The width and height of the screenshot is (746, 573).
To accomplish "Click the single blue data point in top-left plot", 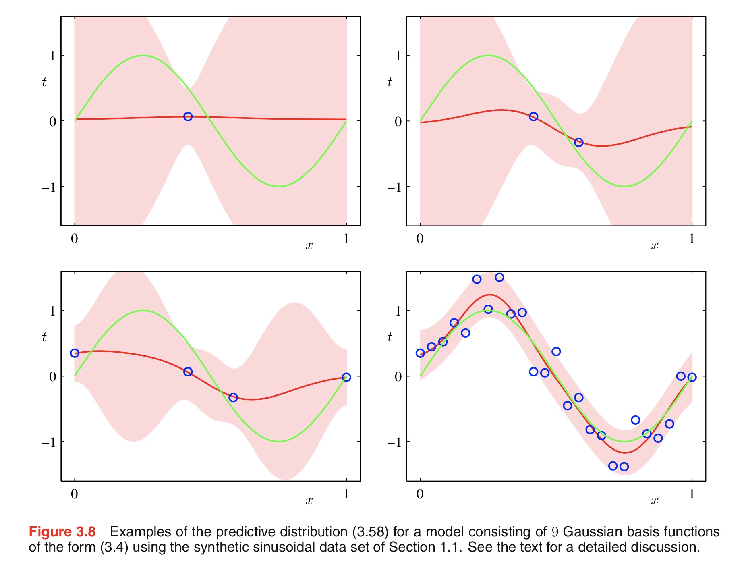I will (188, 116).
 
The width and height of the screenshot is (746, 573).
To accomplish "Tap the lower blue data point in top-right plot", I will (578, 142).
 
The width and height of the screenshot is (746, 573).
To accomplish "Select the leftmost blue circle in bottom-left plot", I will (75, 353).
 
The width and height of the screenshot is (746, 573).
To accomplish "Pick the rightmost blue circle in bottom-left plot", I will (346, 377).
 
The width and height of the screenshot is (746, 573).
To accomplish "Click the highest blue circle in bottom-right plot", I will (499, 277).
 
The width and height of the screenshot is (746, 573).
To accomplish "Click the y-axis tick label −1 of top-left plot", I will (49, 187).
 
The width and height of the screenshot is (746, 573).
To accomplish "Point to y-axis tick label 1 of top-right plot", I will (398, 56).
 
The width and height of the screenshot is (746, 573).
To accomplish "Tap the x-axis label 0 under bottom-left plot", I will (75, 494).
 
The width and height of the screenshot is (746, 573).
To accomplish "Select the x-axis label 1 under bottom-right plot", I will (692, 494).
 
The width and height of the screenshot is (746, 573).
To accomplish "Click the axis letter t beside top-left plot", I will (44, 82).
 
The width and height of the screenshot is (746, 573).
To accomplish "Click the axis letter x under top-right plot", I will (655, 245).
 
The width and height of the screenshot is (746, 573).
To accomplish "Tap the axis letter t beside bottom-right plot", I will (390, 337).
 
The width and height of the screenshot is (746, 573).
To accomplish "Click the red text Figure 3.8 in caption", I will (62, 532).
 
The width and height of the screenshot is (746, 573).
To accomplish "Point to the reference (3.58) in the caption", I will (370, 532).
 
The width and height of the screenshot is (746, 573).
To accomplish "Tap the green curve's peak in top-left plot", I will (143, 56).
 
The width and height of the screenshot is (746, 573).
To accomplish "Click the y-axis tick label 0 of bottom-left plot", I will (53, 377).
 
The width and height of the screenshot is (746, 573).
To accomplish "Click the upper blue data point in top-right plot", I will (533, 116).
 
